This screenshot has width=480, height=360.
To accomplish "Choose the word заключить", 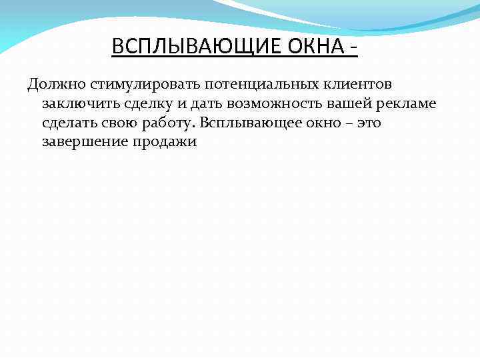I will [x=75, y=105].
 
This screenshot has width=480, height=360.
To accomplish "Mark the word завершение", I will [x=82, y=142].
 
